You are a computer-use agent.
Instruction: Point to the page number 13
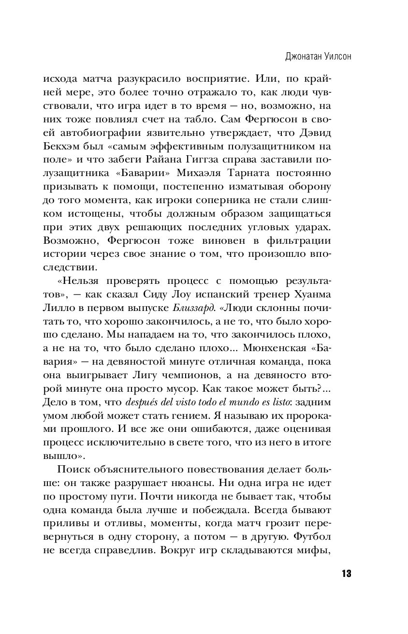346,574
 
